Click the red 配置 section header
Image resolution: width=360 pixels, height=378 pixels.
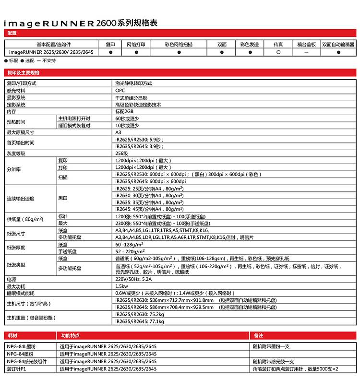(12, 33)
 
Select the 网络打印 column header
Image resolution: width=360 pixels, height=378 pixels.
(136, 44)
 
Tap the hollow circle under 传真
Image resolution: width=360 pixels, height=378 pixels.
(278, 52)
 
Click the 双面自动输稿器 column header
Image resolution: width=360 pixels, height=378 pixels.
(338, 44)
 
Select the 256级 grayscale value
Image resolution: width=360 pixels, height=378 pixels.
(121, 154)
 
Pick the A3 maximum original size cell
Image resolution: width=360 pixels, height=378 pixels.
(118, 132)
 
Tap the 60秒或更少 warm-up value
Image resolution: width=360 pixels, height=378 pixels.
(127, 118)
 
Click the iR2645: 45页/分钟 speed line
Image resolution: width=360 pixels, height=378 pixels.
(149, 209)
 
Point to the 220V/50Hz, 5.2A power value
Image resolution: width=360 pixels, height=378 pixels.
(133, 279)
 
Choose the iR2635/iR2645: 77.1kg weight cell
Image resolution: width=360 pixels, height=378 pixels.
(140, 321)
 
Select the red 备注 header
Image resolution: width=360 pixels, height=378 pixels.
(259, 336)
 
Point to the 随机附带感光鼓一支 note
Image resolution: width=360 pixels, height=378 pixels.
(274, 361)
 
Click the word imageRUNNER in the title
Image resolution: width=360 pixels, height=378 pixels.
(48, 23)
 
